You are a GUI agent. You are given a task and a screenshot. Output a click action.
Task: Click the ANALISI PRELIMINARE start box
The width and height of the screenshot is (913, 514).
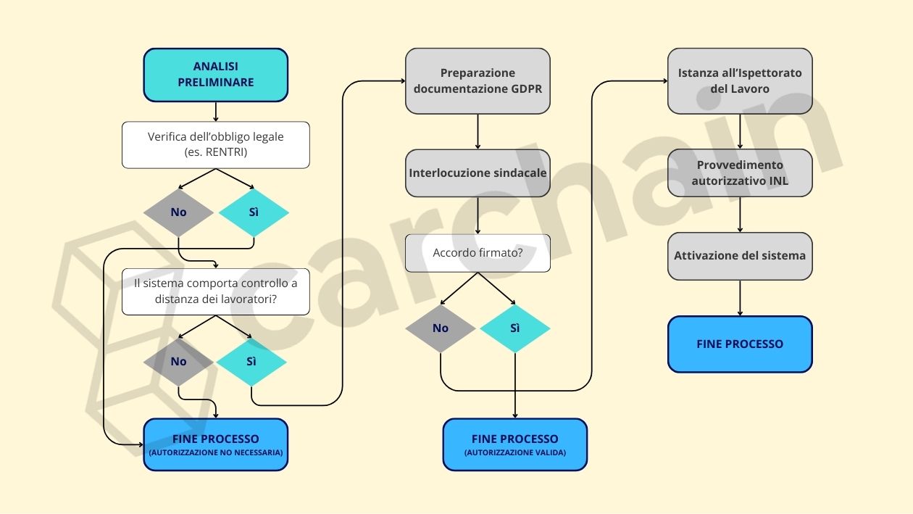tap(216, 75)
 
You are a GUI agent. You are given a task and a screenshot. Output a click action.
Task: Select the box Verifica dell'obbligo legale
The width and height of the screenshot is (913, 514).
tap(216, 144)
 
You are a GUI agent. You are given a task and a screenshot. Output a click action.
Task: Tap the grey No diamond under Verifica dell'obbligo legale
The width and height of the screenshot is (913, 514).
tap(178, 212)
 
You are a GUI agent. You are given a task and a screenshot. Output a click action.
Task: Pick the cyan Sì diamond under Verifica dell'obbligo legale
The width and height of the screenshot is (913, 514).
tap(254, 212)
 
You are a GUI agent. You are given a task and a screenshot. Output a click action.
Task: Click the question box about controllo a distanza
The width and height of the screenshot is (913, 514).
tap(216, 292)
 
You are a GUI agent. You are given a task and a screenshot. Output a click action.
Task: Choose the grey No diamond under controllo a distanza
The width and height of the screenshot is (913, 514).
tap(178, 361)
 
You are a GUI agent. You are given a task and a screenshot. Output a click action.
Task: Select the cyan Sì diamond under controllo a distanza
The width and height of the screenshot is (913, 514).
tap(251, 361)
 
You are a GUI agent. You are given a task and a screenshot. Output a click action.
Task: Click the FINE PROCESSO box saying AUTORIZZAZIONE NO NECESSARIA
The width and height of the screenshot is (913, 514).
tap(216, 444)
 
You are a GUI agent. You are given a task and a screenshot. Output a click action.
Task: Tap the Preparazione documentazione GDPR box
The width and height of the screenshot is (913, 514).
tap(478, 81)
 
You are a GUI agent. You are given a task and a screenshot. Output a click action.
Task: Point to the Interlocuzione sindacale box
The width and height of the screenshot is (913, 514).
tap(478, 173)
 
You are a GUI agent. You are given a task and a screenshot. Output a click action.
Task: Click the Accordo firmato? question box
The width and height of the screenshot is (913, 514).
tap(478, 253)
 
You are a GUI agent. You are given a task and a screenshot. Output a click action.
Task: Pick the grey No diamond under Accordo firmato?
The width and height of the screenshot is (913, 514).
tap(441, 328)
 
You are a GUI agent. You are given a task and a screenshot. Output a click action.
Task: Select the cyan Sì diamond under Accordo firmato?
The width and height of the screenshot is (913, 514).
tap(515, 328)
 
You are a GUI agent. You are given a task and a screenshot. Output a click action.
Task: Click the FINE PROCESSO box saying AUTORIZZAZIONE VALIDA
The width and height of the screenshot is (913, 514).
tap(515, 444)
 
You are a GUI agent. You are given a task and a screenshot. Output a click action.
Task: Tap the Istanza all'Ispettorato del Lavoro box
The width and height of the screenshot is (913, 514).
tap(740, 81)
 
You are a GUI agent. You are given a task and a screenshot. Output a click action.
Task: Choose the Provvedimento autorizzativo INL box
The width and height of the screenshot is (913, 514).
tap(740, 173)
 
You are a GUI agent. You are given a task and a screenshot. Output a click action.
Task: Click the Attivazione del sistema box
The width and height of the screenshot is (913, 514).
tap(740, 256)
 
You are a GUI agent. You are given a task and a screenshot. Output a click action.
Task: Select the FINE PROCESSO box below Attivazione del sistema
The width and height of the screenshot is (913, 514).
tap(740, 344)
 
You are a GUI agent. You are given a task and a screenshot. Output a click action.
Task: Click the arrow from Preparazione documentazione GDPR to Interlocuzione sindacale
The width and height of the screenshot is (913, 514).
tap(478, 132)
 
